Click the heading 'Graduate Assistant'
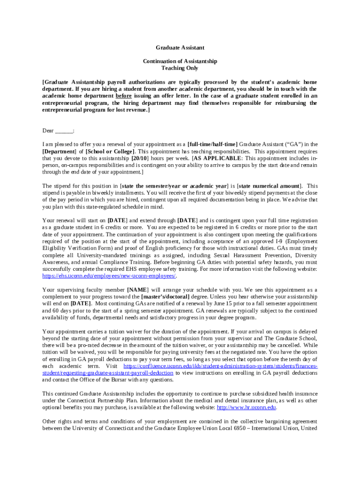pos(180,48)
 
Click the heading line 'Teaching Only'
pos(180,68)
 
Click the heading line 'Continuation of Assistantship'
pos(180,61)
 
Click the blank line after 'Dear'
pos(64,131)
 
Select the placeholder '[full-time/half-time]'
pos(212,145)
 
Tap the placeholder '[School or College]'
pos(110,152)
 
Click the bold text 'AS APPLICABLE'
pos(216,159)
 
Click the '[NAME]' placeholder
pos(137,290)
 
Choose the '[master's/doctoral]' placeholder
pos(166,297)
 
